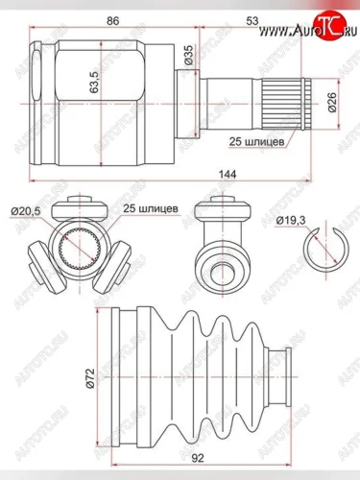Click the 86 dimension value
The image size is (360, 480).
tap(113, 21)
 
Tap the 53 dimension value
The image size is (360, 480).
tap(252, 21)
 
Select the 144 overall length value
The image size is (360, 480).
tap(228, 175)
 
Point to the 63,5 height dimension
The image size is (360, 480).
tap(94, 82)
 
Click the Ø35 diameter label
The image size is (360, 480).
tap(189, 55)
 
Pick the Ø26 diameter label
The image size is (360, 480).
tap(332, 103)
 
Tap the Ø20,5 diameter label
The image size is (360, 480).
tap(26, 211)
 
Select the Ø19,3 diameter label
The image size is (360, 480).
tap(291, 221)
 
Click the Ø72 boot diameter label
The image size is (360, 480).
tap(90, 378)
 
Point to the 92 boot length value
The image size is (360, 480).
tap(199, 458)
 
